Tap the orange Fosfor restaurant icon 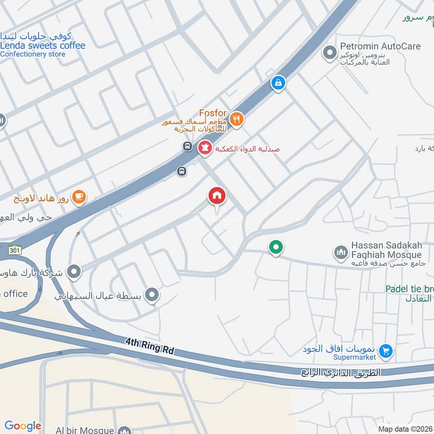[x=236, y=119]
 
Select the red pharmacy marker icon [x=205, y=147]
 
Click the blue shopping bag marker [x=278, y=82]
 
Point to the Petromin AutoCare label [x=380, y=47]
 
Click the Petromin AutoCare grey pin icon [x=329, y=53]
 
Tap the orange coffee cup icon [x=79, y=197]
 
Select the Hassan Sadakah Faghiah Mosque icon [x=341, y=252]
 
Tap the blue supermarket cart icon [x=386, y=351]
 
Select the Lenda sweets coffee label [x=43, y=46]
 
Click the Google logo [x=23, y=426]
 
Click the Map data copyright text [x=405, y=429]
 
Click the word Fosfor [x=213, y=113]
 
